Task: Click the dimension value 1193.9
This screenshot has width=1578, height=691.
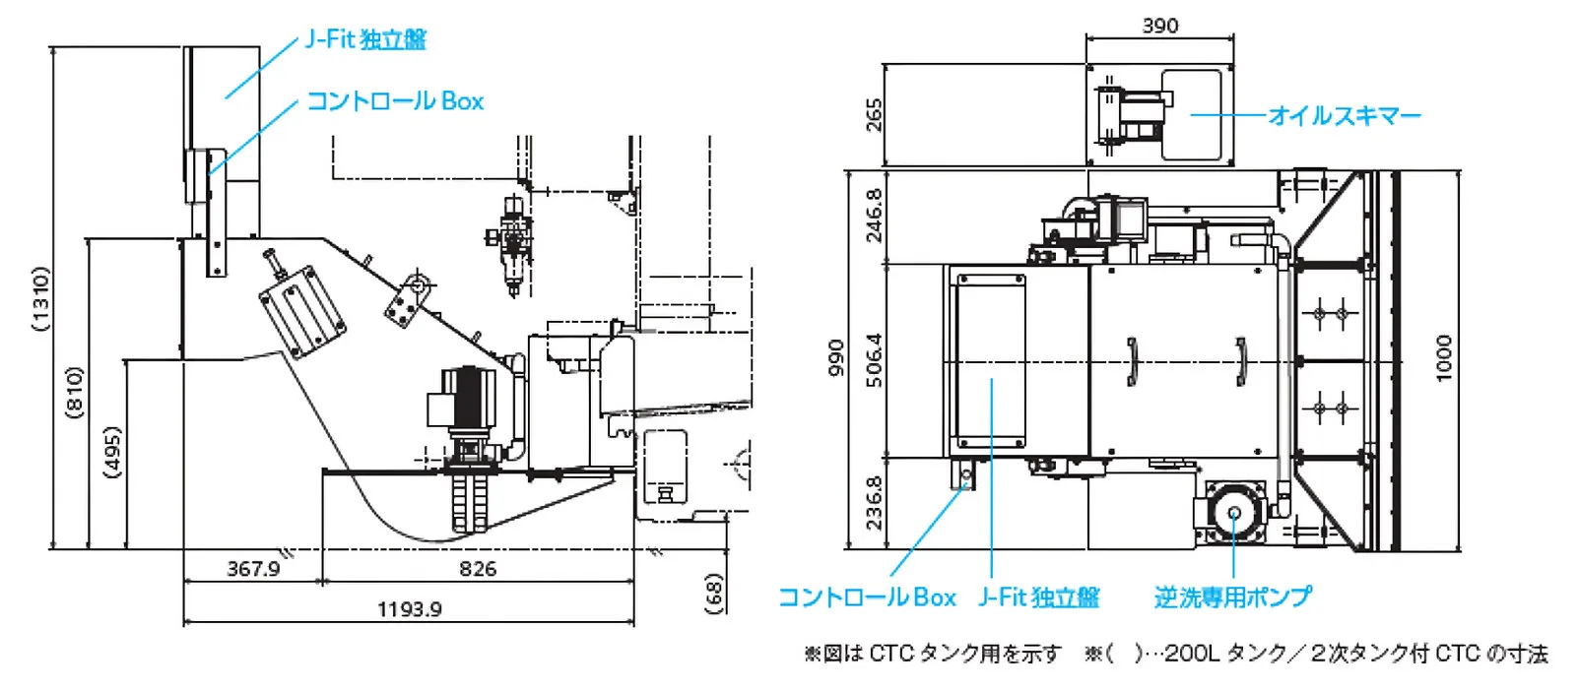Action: tap(409, 609)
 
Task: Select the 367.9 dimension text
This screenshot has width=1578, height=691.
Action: tap(253, 569)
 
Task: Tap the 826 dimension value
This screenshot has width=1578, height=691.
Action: tap(478, 569)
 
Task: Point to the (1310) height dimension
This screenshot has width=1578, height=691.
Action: tap(41, 298)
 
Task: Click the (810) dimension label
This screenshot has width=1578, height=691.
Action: tap(75, 392)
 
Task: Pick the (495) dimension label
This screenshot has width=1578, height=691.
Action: tap(113, 453)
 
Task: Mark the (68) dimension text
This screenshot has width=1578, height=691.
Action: tap(714, 594)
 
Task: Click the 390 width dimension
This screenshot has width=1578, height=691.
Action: tap(1159, 26)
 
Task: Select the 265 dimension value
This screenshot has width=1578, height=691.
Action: tap(874, 115)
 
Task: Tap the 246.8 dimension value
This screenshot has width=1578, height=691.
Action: tap(874, 217)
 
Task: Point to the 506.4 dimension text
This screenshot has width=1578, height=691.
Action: tap(874, 360)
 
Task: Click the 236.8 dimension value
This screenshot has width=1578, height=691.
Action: tap(874, 503)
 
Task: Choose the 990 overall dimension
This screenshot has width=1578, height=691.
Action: tap(835, 358)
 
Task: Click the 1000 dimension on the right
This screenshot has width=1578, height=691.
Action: tap(1444, 358)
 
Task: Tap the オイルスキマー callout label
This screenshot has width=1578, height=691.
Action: tap(1345, 116)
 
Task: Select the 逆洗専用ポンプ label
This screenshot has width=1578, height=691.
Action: tap(1232, 597)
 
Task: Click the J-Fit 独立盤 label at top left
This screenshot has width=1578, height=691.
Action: tap(365, 39)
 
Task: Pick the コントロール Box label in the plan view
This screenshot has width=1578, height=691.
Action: tap(867, 597)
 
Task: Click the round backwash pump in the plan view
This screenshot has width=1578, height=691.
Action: tap(1233, 513)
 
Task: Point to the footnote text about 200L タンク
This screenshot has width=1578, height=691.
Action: tap(1316, 654)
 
